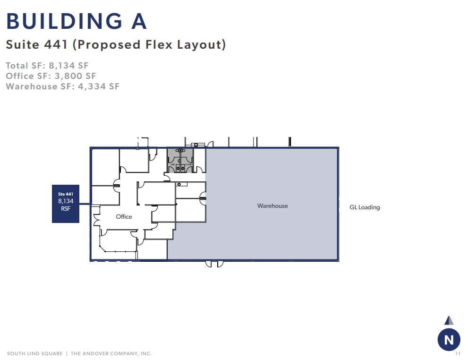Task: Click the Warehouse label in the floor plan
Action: coord(272,206)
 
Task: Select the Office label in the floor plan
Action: coord(124,217)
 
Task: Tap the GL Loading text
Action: coord(365,207)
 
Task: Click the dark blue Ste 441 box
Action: coord(66,204)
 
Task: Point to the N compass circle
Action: coord(449,339)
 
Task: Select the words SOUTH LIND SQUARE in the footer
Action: coord(34,354)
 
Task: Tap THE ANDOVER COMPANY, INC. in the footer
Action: coord(111,354)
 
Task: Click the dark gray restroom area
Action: coord(180,161)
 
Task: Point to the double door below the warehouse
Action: coord(214,264)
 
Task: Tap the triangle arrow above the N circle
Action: coord(449,320)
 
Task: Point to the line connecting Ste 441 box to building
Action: coord(85,204)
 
